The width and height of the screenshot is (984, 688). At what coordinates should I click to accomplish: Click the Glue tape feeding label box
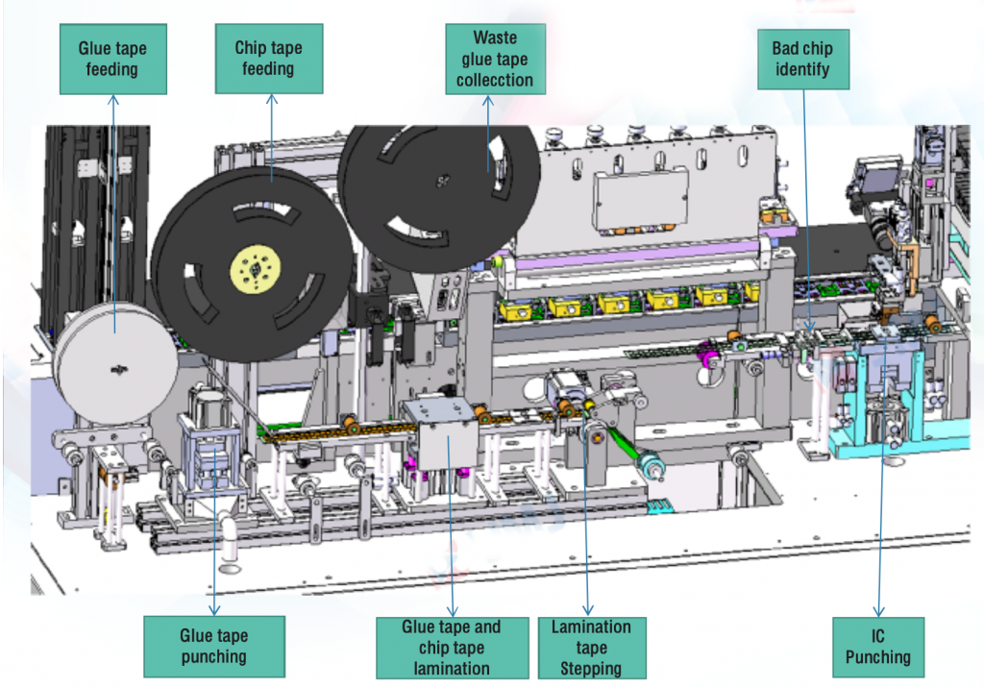coord(111,59)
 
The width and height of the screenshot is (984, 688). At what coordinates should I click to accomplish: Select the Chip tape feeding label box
coord(268,59)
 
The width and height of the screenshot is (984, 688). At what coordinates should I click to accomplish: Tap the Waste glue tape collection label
coord(495,59)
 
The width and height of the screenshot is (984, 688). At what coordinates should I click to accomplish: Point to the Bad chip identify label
coord(802,59)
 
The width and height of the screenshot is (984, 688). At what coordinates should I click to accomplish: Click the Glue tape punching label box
coord(213,646)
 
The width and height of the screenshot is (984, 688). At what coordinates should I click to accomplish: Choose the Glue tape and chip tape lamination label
coord(452,647)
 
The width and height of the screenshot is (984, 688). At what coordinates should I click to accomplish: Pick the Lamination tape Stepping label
coord(591,647)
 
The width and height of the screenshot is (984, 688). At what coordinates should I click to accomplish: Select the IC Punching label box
coord(877,647)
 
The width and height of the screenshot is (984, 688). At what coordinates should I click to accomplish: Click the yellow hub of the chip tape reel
coord(253,266)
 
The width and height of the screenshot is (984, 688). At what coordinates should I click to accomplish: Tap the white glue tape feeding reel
coord(115,365)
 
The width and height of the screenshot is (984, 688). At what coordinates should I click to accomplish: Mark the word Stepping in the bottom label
coord(591,668)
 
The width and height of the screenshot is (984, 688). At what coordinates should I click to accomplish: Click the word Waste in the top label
coord(495,37)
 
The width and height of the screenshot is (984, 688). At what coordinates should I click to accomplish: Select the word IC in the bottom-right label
coord(877,636)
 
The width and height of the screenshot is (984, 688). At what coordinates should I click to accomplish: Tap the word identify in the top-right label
coord(802,69)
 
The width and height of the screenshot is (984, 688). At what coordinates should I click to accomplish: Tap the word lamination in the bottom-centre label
coord(452,668)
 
